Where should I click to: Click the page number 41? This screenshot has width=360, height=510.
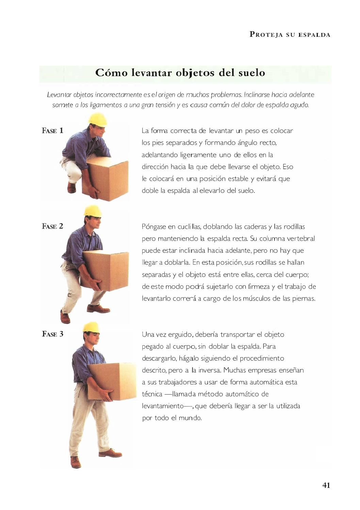click(x=326, y=485)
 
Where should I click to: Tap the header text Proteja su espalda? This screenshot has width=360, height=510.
click(x=290, y=34)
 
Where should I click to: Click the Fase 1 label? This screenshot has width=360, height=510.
click(x=52, y=130)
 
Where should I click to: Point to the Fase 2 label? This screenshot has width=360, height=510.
click(x=52, y=226)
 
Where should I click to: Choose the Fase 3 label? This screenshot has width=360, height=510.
click(x=52, y=334)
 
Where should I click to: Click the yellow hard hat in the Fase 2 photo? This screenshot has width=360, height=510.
click(x=93, y=211)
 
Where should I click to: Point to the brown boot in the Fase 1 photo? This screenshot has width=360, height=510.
click(x=71, y=187)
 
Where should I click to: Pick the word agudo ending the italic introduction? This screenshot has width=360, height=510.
click(x=300, y=105)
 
